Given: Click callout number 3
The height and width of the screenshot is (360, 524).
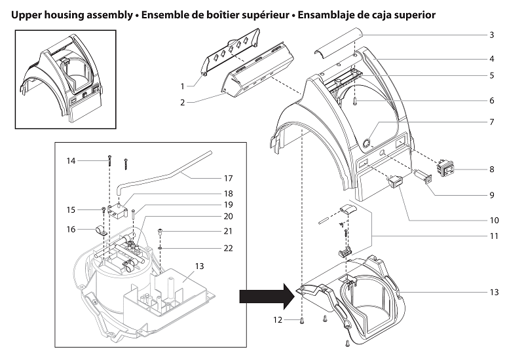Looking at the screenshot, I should (x=491, y=34).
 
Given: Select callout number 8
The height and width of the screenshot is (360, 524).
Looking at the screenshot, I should (x=491, y=170).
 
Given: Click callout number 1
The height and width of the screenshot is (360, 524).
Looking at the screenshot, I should (x=183, y=86).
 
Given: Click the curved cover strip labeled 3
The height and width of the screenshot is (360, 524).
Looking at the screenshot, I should (x=337, y=53).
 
